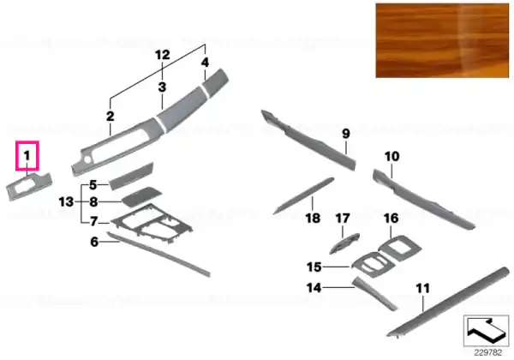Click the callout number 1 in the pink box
tap(27, 156)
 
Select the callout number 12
tap(163, 55)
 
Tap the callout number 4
tap(205, 62)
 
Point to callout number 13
tap(66, 201)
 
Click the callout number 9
tap(346, 134)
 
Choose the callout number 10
tap(392, 156)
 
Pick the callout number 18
tap(313, 218)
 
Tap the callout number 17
tap(343, 218)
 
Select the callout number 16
tap(391, 218)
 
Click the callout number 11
tap(423, 289)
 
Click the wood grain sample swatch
tap(442, 40)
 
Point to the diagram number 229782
tap(488, 353)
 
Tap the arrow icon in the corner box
tap(485, 329)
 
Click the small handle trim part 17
tap(344, 243)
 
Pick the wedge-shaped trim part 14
tap(372, 293)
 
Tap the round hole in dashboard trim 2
tap(88, 159)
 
